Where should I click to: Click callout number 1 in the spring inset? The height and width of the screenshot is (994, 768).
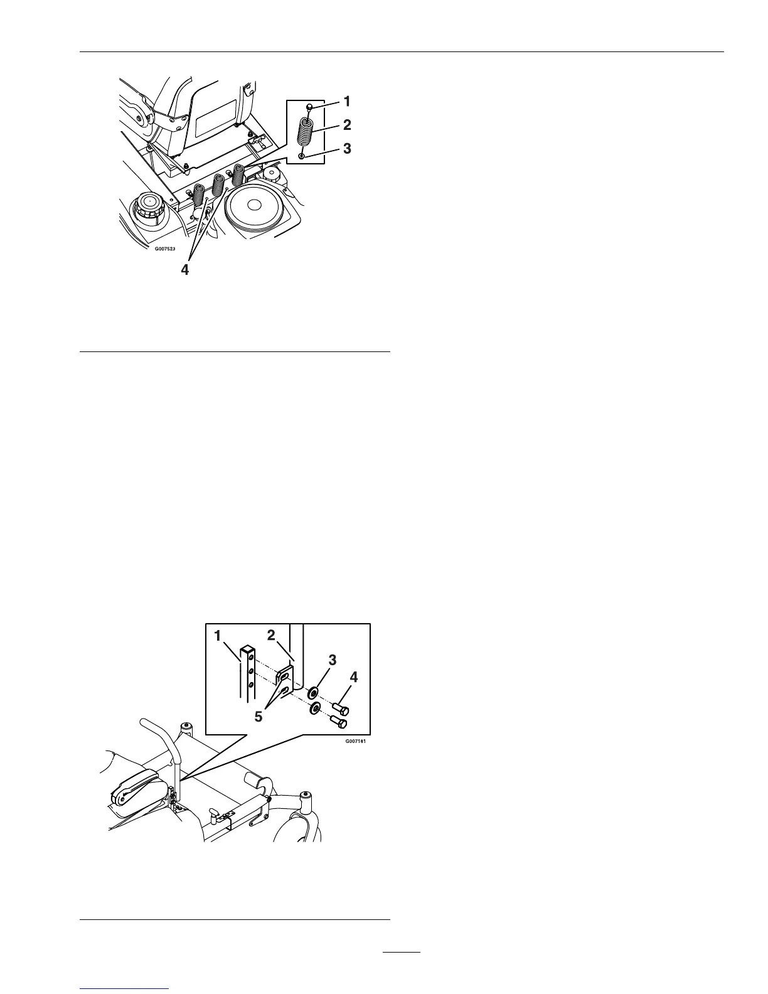[346, 100]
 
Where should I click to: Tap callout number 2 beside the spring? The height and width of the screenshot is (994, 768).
[346, 125]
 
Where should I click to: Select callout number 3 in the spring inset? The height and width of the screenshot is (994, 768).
[346, 150]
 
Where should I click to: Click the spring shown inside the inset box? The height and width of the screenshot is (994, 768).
[303, 132]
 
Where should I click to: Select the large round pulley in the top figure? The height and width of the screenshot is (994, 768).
[253, 206]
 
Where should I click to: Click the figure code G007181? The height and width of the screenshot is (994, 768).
[355, 740]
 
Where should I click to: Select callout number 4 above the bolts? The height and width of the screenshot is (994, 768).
[353, 678]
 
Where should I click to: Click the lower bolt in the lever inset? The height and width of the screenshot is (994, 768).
[340, 723]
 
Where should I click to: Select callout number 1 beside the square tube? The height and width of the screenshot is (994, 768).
[218, 636]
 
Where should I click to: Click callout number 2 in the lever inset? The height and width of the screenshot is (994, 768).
[272, 636]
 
